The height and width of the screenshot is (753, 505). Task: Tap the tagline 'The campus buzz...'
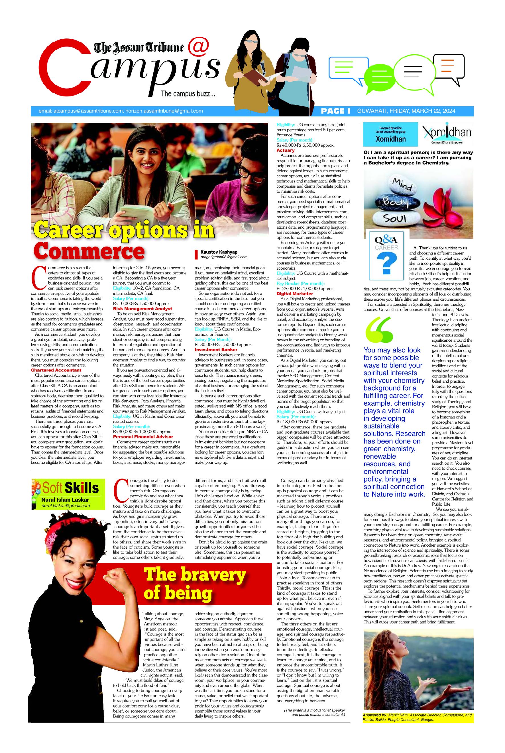pyautogui.click(x=188, y=94)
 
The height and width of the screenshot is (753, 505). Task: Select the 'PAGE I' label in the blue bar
pyautogui.click(x=335, y=111)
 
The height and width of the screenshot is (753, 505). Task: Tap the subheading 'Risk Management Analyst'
pyautogui.click(x=142, y=309)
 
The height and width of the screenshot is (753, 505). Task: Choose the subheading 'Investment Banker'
pyautogui.click(x=216, y=350)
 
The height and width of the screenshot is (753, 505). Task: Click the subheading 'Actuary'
pyautogui.click(x=285, y=150)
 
